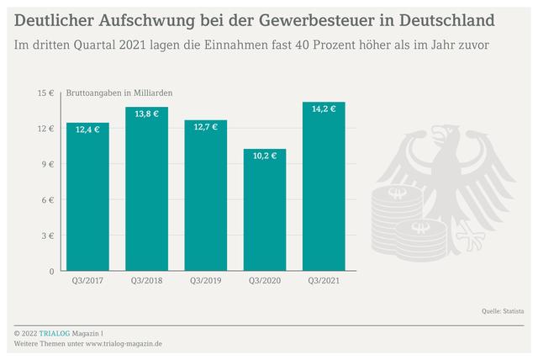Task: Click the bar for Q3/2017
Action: [x=88, y=202]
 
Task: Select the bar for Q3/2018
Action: [x=147, y=193]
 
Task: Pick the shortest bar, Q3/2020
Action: [x=265, y=214]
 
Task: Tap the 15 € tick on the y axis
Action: [x=46, y=93]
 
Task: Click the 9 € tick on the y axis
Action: [x=49, y=164]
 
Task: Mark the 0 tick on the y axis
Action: [x=51, y=271]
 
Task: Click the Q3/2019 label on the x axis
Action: [x=206, y=281]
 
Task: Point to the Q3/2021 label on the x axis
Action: [x=324, y=281]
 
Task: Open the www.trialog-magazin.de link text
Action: [x=124, y=343]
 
